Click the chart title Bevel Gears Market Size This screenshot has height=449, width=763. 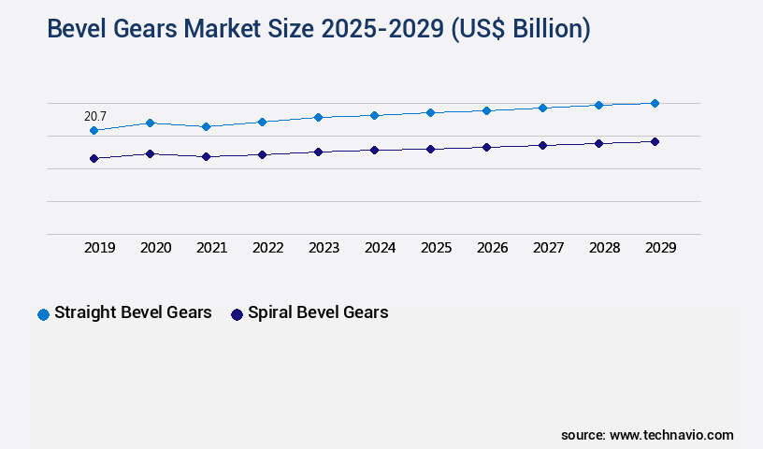(318, 30)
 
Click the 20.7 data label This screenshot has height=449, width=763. (95, 116)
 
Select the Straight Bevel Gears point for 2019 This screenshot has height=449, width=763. (94, 130)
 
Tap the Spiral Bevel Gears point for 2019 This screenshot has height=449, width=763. (94, 158)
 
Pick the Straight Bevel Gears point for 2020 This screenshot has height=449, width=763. (150, 123)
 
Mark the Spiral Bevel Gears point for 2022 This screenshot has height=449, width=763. (262, 154)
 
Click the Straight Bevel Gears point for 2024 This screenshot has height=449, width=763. (374, 115)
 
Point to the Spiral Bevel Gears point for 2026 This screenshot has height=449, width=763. (486, 147)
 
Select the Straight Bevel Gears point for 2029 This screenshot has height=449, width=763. (655, 103)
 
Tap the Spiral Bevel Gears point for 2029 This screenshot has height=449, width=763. (655, 141)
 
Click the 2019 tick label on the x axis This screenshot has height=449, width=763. (100, 248)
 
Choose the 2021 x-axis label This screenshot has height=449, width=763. (212, 248)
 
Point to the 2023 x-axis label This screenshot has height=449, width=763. (324, 248)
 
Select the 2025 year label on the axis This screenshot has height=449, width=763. (437, 248)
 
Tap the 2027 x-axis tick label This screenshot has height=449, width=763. (549, 248)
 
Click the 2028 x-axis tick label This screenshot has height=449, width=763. (605, 248)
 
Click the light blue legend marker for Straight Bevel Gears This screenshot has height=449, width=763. (43, 314)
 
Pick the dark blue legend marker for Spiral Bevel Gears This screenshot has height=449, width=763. (237, 314)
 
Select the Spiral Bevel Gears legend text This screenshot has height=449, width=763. (318, 312)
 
